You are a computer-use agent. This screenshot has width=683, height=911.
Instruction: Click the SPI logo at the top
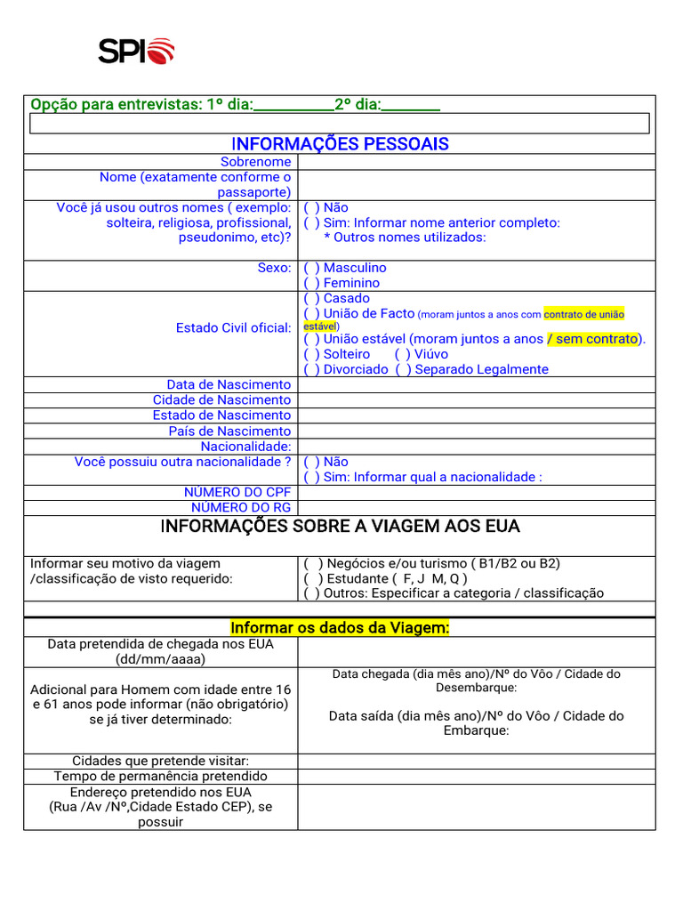(x=136, y=51)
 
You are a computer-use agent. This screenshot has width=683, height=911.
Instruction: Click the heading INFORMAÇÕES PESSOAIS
(x=340, y=144)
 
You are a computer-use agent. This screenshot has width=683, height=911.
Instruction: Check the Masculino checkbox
(x=311, y=268)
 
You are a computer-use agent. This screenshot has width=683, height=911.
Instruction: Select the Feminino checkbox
(x=311, y=283)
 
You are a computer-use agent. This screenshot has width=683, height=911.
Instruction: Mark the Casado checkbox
(x=311, y=299)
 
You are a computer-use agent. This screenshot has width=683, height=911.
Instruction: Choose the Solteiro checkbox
(x=311, y=354)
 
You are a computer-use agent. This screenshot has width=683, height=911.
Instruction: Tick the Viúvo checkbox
(x=402, y=354)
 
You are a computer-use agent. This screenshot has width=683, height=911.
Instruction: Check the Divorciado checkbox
(x=311, y=369)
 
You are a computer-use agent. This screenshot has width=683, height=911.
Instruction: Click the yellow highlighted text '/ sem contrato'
(x=593, y=339)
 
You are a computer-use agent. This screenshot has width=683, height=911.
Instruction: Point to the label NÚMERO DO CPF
(x=237, y=492)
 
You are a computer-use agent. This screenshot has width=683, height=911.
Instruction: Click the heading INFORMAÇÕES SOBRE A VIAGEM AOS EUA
(x=340, y=527)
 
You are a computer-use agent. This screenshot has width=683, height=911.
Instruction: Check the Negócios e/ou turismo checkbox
(x=313, y=564)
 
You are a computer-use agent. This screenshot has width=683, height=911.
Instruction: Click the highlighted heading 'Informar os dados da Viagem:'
(x=340, y=628)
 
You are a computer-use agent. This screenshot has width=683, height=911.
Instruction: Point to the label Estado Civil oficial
(x=233, y=328)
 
